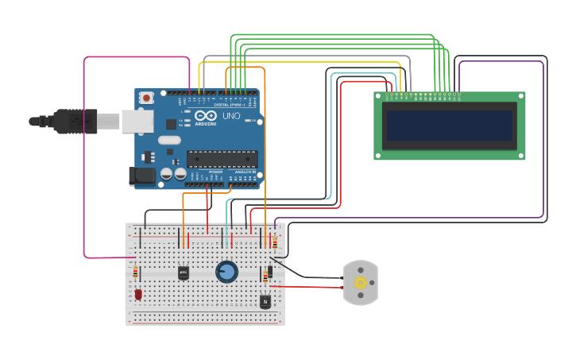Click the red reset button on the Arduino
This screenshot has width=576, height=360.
(146, 98)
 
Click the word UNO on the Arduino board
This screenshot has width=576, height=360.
(230, 116)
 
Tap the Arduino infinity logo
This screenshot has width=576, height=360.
(204, 115)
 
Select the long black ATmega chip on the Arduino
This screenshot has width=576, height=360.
(222, 159)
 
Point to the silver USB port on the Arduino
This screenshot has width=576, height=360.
(137, 121)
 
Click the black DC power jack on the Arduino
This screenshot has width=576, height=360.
(142, 176)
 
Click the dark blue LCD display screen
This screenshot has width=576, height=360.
(449, 126)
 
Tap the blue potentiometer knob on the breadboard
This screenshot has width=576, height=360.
(226, 273)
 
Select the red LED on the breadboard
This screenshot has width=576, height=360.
(138, 295)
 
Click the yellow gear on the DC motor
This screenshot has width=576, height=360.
(361, 283)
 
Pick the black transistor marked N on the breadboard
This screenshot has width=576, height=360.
(265, 301)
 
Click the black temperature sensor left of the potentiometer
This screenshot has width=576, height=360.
(184, 273)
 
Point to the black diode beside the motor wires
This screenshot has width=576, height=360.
(270, 272)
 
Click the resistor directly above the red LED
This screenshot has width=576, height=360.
(135, 273)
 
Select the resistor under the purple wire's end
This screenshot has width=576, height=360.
(275, 242)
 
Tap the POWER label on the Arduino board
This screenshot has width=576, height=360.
(215, 172)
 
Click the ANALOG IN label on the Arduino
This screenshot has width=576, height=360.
(244, 172)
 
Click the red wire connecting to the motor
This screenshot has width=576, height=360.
(306, 286)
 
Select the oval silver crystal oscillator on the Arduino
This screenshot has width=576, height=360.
(169, 141)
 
